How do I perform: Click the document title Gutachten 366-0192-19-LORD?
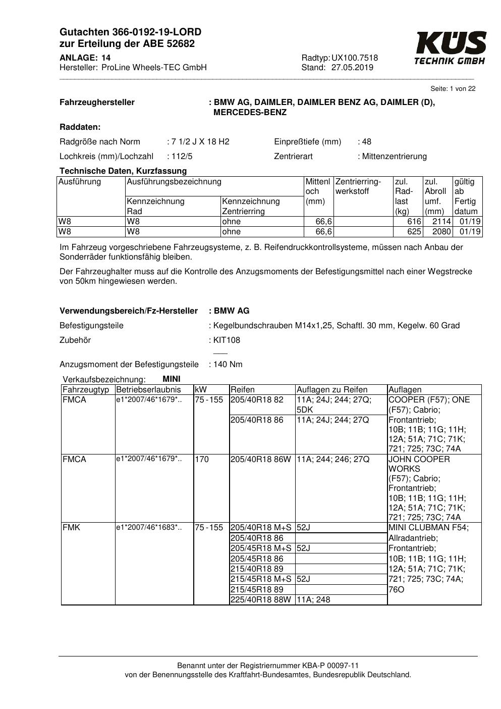pos(130,32)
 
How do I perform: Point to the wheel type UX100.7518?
pos(355,58)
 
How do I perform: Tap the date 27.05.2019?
pos(352,68)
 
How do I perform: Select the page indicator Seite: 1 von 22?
pos(453,89)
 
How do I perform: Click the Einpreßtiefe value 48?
pos(366,142)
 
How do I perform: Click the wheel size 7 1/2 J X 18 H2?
pos(200,142)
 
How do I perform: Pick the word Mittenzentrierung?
pos(394,157)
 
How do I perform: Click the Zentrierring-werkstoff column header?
pos(358,186)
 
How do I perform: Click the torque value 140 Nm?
pos(228,365)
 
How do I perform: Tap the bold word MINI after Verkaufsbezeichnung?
pos(172,379)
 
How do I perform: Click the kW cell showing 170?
pos(202,460)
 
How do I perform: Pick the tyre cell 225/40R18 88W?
pos(260,600)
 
